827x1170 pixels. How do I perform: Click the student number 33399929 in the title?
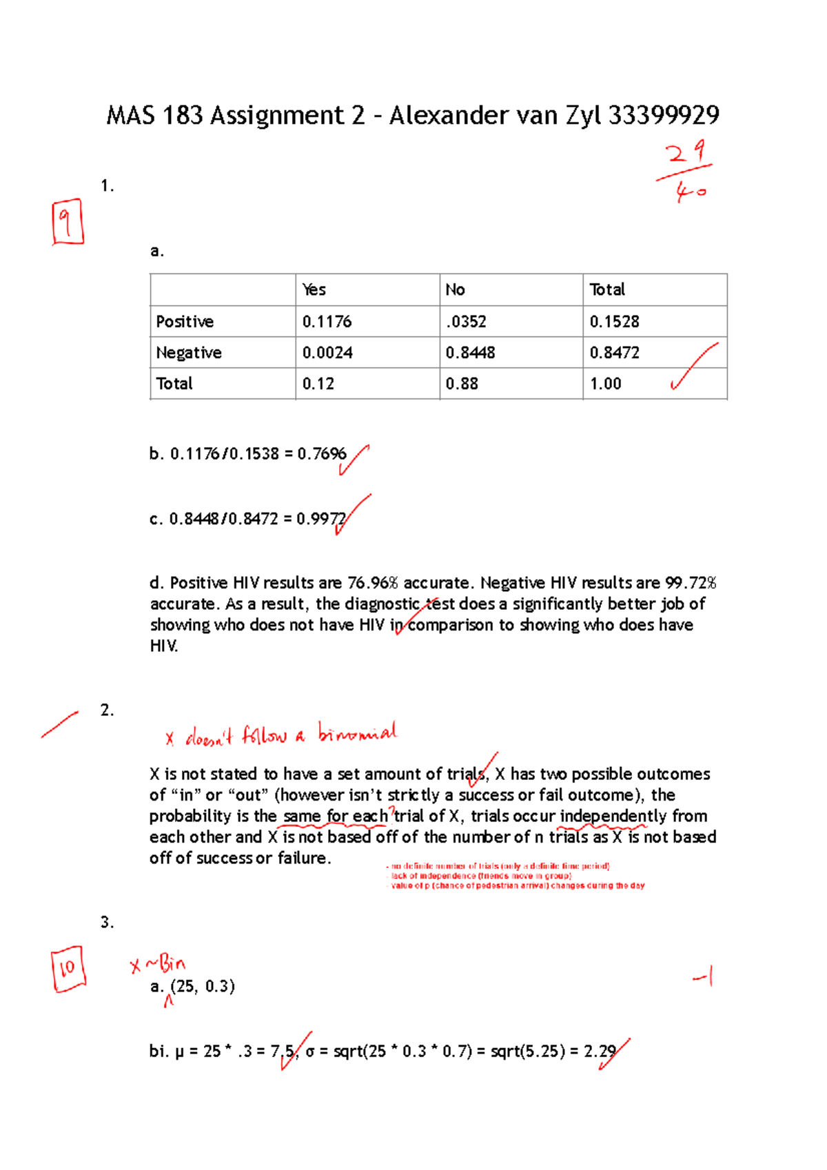tap(664, 115)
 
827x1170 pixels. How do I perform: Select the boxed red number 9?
tap(67, 222)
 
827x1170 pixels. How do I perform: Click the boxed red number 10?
tap(68, 969)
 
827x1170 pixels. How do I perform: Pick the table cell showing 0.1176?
tap(327, 322)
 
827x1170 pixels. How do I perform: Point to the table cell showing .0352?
tap(466, 322)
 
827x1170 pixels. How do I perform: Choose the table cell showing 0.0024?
tap(327, 353)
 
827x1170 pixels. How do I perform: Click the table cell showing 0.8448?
tap(470, 353)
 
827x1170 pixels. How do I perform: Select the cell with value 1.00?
tap(606, 384)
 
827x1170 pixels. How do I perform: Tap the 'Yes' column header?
tap(314, 290)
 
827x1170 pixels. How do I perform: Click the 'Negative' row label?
tap(189, 353)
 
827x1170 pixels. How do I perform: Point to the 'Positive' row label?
tap(185, 322)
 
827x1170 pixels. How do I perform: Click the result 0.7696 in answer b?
tap(322, 454)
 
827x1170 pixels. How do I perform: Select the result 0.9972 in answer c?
tap(321, 519)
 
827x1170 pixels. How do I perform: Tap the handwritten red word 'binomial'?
tap(357, 732)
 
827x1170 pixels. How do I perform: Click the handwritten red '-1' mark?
tap(703, 976)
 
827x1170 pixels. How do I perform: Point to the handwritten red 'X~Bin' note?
tap(158, 964)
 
